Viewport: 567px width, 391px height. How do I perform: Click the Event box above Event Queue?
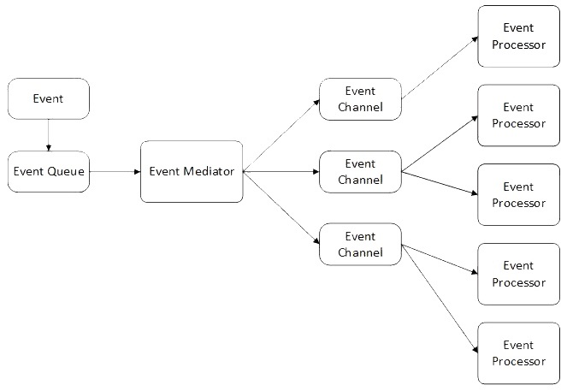(48, 99)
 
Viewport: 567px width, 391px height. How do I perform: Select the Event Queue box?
(48, 171)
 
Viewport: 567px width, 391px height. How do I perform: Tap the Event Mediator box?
(192, 171)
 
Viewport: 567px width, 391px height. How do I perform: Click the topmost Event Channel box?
(360, 99)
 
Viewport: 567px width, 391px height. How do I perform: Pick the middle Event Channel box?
(360, 171)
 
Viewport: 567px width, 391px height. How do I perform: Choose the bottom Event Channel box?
(360, 244)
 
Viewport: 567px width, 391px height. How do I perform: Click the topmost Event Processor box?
(518, 37)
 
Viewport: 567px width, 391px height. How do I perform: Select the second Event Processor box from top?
(518, 116)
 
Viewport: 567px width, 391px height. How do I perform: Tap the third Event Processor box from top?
(518, 195)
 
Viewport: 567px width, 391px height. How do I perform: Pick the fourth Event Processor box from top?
(518, 274)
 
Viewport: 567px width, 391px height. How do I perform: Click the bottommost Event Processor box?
(518, 352)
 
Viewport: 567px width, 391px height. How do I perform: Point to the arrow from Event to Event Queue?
(48, 135)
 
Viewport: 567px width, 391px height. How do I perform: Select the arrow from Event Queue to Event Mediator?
(115, 171)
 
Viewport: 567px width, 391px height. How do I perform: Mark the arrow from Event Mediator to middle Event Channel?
(281, 171)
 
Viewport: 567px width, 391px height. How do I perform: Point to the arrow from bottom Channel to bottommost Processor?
(440, 299)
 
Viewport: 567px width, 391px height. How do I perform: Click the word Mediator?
(209, 171)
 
